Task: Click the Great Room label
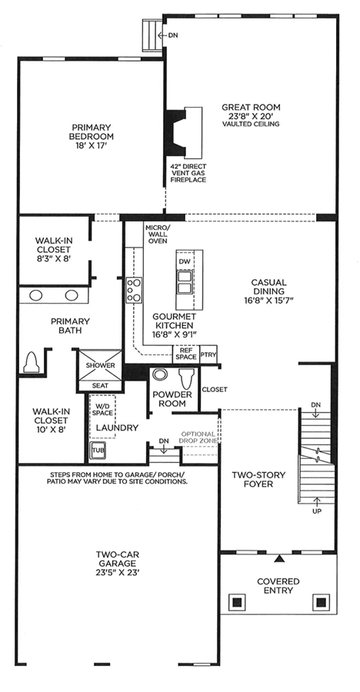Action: (x=251, y=107)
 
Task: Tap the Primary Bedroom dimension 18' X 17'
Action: (x=91, y=145)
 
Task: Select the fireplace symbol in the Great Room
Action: (x=183, y=131)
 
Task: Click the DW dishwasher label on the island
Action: (x=185, y=261)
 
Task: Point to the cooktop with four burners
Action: (x=134, y=290)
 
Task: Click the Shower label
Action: (x=100, y=365)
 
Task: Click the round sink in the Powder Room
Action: (x=158, y=374)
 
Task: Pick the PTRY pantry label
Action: (x=208, y=354)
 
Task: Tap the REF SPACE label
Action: (x=186, y=353)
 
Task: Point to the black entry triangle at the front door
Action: (x=278, y=558)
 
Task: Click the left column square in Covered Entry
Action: (x=237, y=601)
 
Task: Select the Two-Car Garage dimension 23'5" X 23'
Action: (x=118, y=573)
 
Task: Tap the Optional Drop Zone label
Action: (x=198, y=437)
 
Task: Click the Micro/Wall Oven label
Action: (x=157, y=235)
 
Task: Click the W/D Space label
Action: (x=102, y=410)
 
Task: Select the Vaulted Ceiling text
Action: (x=251, y=124)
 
